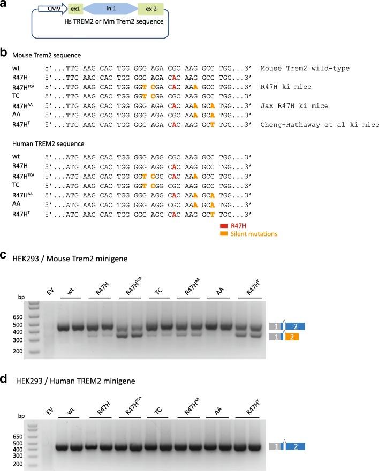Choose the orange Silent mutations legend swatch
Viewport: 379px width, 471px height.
coord(224,234)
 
